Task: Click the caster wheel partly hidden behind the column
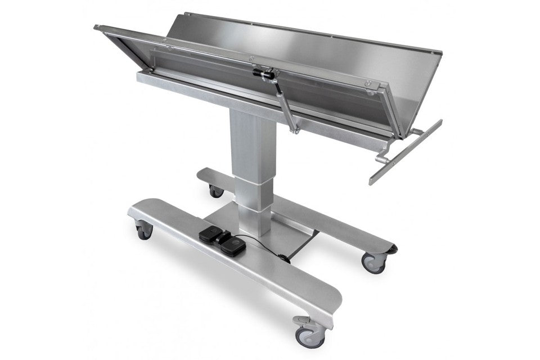(216, 191)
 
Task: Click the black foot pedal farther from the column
(232, 243)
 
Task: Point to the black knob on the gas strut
(264, 73)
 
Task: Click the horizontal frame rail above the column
(225, 93)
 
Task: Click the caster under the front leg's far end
(144, 230)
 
